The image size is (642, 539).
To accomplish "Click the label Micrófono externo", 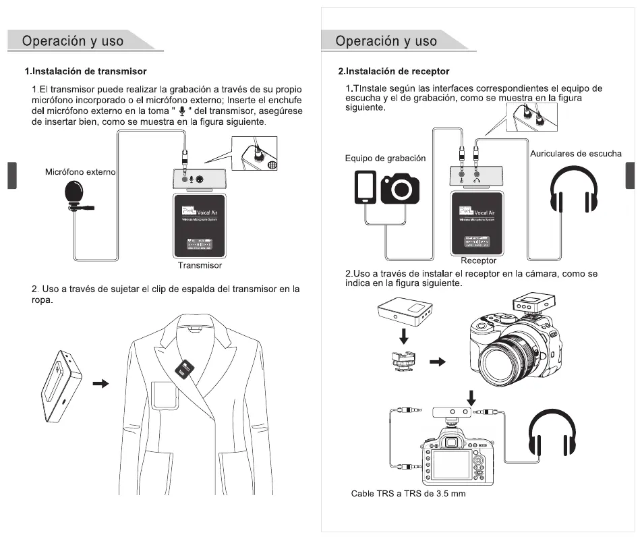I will click(x=80, y=172).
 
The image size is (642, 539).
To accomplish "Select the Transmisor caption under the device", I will click(x=200, y=265).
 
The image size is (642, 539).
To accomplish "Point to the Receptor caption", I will click(x=478, y=260).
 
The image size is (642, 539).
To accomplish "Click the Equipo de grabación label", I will click(x=385, y=159).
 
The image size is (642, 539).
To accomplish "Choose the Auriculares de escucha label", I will click(x=575, y=154).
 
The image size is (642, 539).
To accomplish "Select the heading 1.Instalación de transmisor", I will click(x=86, y=71).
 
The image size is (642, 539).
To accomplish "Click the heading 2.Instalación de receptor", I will click(x=394, y=71).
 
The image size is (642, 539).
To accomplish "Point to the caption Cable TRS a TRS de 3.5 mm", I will click(x=408, y=494).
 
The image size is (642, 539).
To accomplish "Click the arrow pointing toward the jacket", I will click(x=100, y=383).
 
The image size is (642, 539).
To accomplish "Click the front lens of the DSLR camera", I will click(x=504, y=353).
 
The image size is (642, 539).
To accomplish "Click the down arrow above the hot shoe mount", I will click(x=403, y=336).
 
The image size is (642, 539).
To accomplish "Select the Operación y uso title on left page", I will click(x=73, y=40).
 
